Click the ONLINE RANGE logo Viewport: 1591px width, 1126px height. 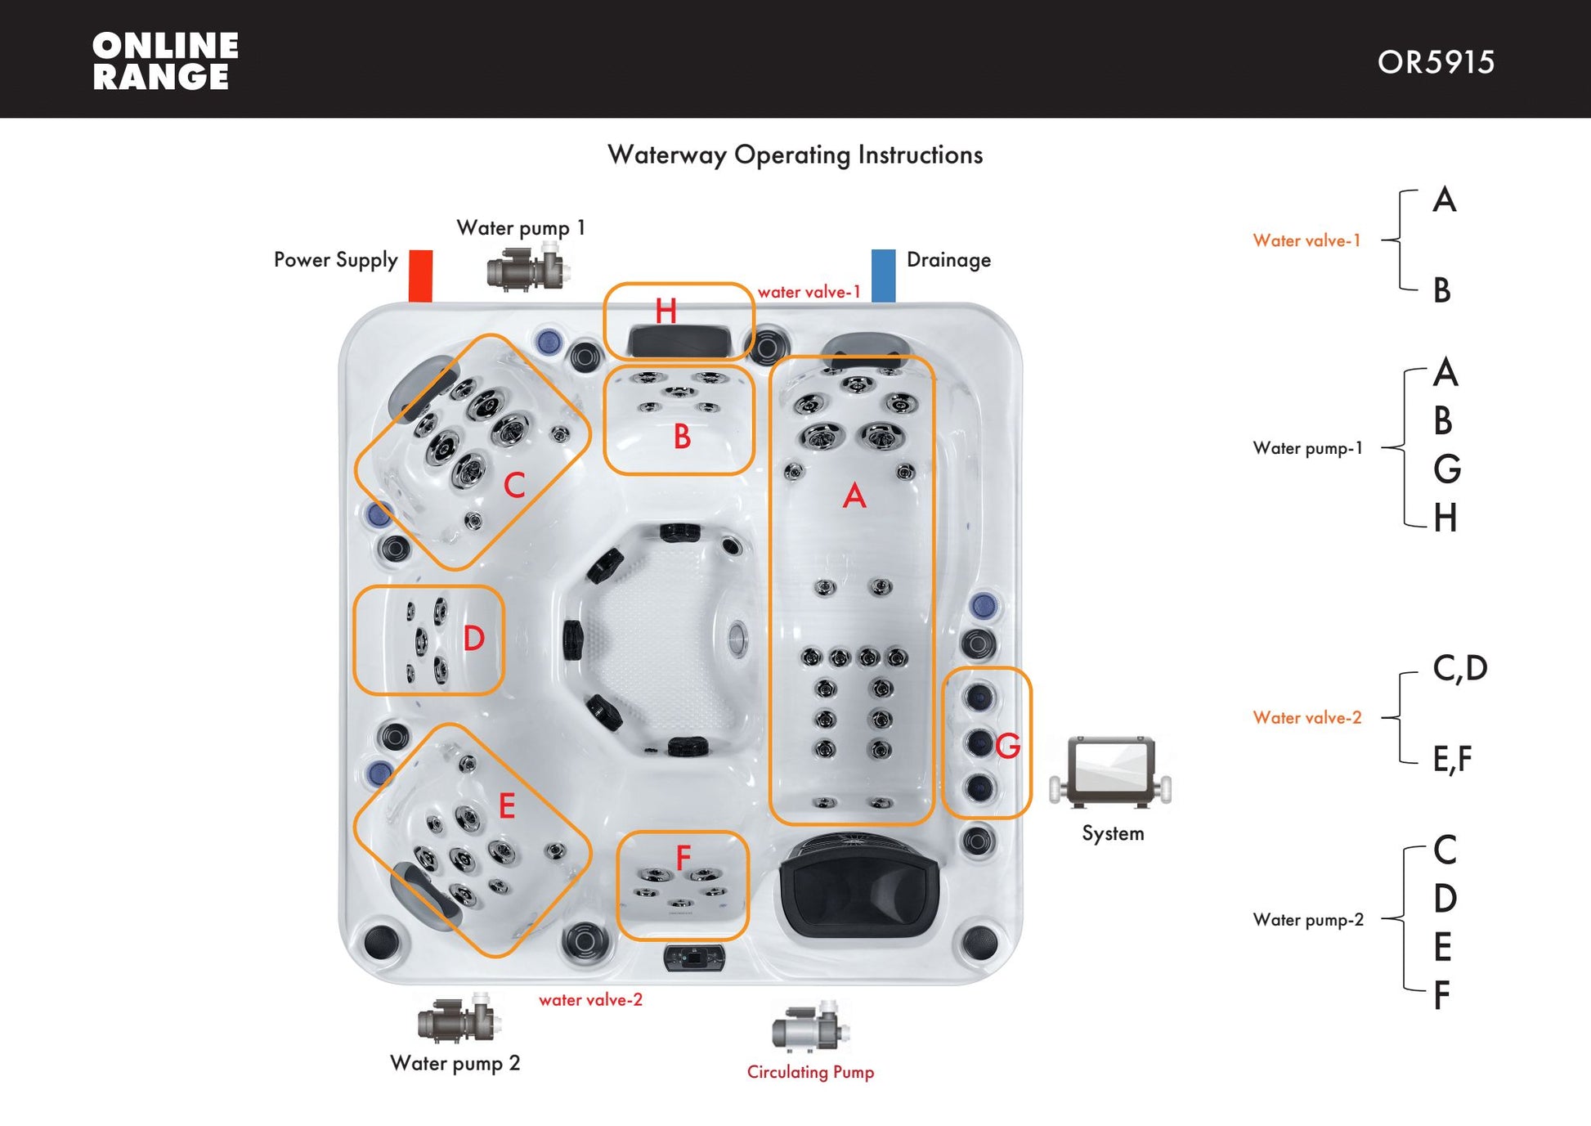click(x=165, y=61)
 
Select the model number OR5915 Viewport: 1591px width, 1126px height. click(x=1436, y=63)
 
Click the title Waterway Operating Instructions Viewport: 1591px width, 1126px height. click(x=795, y=155)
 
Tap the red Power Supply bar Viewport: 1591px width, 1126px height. click(x=420, y=276)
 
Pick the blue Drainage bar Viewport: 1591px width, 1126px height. click(x=883, y=276)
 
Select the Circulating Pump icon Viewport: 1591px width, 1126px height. click(x=811, y=1028)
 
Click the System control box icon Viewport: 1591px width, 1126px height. click(x=1111, y=772)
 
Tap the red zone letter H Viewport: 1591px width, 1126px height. click(x=666, y=311)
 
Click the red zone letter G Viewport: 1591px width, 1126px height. click(x=1007, y=745)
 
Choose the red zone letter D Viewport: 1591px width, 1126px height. click(x=474, y=639)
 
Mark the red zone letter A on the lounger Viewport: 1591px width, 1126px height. click(x=854, y=496)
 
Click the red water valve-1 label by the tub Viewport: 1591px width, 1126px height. click(x=809, y=292)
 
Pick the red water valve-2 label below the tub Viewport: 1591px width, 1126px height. click(x=590, y=1000)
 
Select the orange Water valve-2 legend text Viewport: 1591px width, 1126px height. click(x=1306, y=718)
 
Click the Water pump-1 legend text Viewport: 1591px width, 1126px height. click(x=1307, y=448)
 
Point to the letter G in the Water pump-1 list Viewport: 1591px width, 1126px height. click(x=1446, y=469)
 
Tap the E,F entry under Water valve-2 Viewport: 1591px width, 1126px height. click(x=1452, y=759)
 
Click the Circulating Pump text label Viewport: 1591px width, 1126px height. click(x=810, y=1072)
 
